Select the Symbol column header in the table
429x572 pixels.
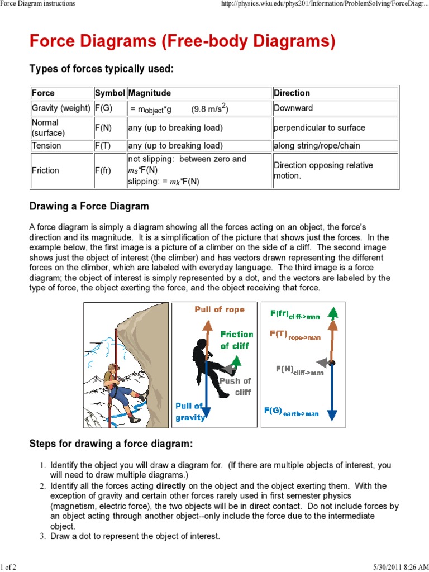pyautogui.click(x=110, y=93)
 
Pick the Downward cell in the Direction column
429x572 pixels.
pyautogui.click(x=293, y=108)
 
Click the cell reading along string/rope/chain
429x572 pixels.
pyautogui.click(x=317, y=146)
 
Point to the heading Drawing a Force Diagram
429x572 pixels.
pyautogui.click(x=89, y=206)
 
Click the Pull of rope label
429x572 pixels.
pyautogui.click(x=219, y=309)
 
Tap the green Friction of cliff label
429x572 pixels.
pyautogui.click(x=237, y=340)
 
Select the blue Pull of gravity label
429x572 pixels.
pyautogui.click(x=190, y=412)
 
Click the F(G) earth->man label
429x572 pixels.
pyautogui.click(x=292, y=412)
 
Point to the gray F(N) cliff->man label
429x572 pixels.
pyautogui.click(x=299, y=370)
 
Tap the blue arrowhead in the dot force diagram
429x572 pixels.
pyautogui.click(x=332, y=414)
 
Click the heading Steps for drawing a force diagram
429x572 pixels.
pyautogui.click(x=111, y=444)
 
